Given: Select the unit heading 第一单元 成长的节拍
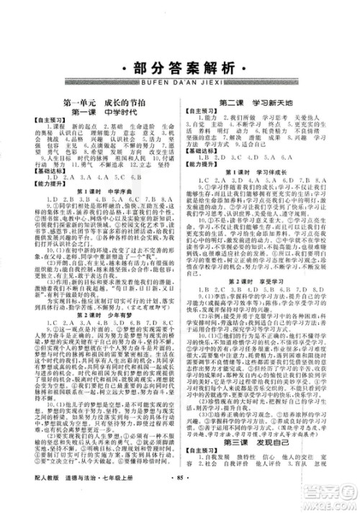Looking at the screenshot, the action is pyautogui.click(x=105, y=104).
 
